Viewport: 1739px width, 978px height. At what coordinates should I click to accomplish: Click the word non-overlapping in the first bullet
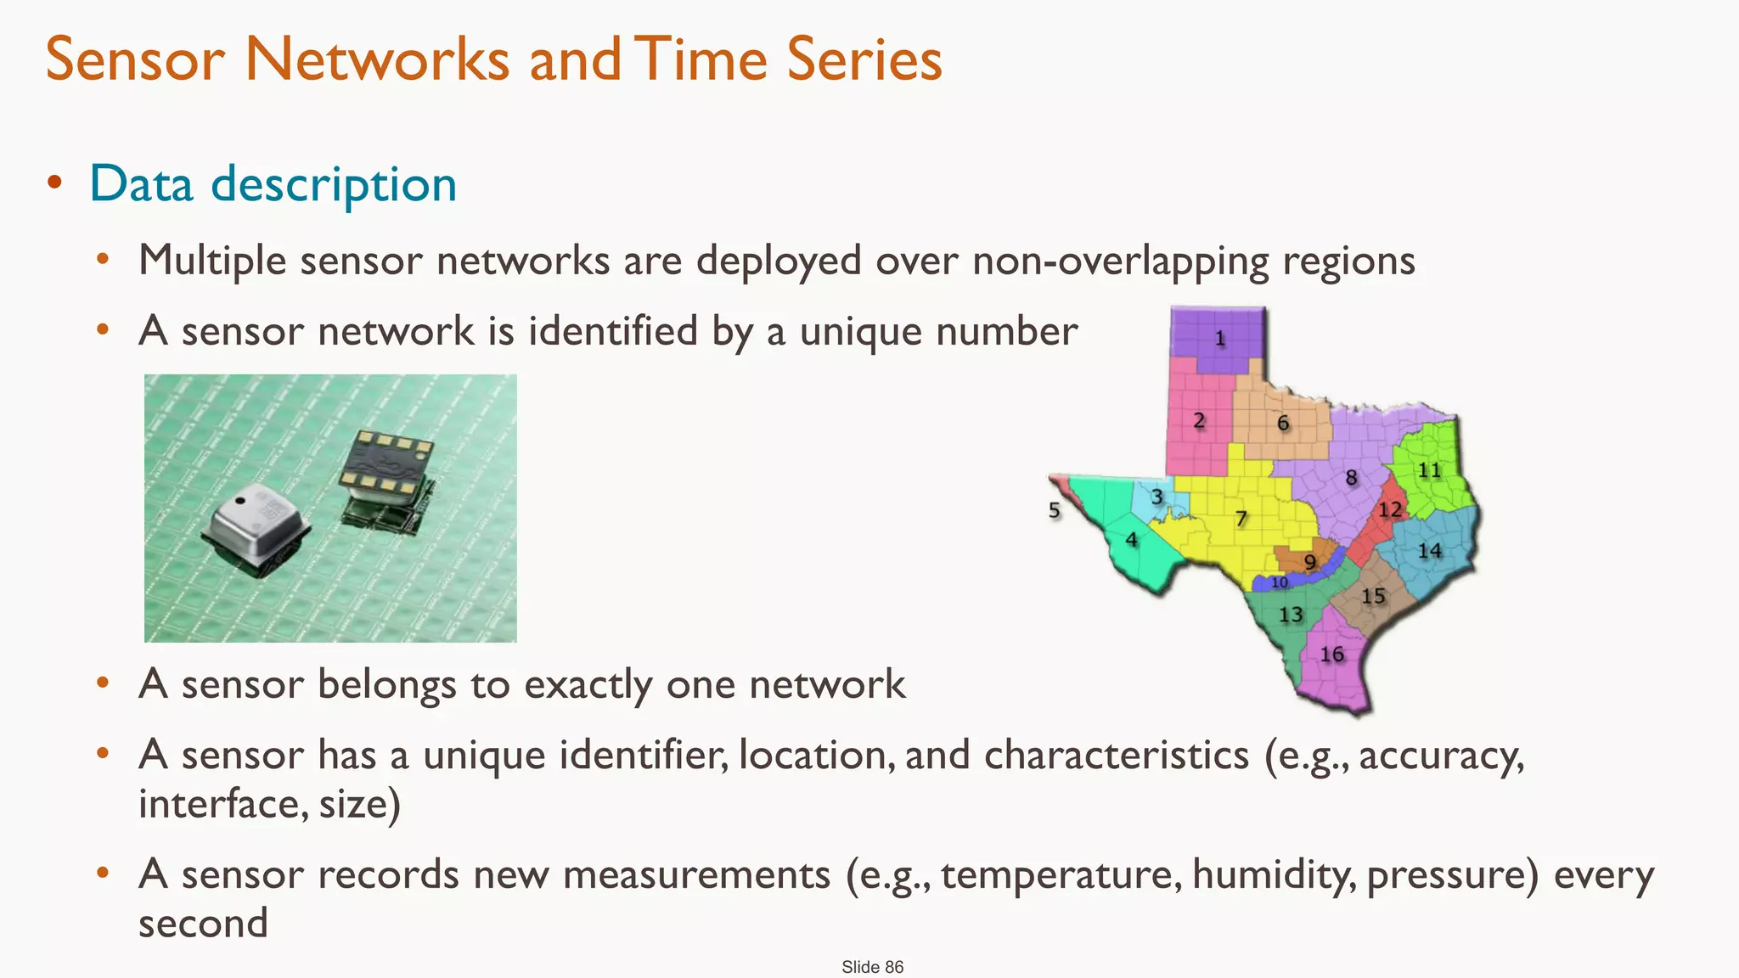(x=1120, y=261)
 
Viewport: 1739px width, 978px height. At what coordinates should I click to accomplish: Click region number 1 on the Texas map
(x=1220, y=339)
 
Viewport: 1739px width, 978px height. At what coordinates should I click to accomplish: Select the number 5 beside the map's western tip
(x=1054, y=510)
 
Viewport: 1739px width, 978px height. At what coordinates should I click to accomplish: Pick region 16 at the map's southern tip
(x=1331, y=655)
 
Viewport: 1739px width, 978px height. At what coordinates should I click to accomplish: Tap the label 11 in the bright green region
(x=1429, y=469)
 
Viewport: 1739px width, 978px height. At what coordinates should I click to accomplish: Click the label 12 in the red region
(x=1390, y=509)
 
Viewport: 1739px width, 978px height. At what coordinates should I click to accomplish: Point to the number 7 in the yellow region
(x=1241, y=518)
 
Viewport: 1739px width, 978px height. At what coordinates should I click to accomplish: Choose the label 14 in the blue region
(x=1429, y=551)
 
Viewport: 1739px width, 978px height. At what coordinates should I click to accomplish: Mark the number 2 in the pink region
(x=1199, y=420)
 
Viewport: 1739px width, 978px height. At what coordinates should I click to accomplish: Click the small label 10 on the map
(x=1280, y=582)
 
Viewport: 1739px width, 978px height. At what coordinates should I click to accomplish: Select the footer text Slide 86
(x=872, y=967)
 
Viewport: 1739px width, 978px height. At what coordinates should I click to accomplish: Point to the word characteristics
(x=1116, y=755)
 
